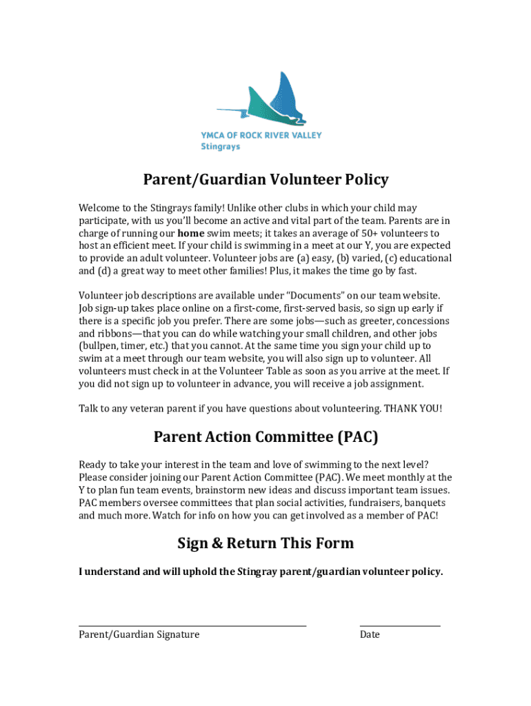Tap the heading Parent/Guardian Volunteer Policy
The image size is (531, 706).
[x=265, y=180]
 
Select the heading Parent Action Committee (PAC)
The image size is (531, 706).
[x=265, y=437]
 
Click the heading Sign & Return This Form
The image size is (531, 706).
[x=265, y=543]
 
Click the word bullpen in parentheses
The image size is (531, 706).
[x=101, y=345]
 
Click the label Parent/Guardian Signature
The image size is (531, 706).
[x=139, y=634]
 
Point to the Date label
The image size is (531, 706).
[x=370, y=634]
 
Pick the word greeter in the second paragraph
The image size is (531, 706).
[x=358, y=321]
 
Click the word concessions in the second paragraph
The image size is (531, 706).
[x=420, y=321]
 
